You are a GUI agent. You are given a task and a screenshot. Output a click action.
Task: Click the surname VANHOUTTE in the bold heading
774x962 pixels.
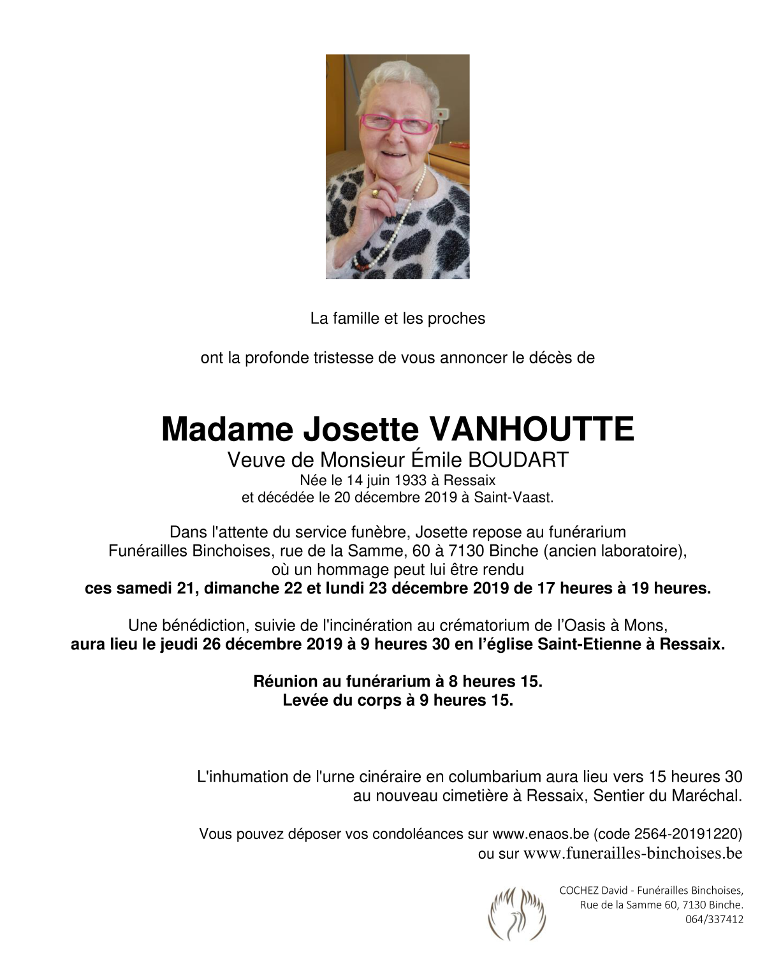pos(532,429)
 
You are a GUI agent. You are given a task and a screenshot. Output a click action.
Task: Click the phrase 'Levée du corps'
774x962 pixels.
pos(341,700)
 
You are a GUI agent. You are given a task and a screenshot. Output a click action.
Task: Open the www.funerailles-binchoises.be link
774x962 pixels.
pos(632,853)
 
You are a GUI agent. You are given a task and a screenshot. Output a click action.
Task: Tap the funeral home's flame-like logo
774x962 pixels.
pos(516,914)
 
